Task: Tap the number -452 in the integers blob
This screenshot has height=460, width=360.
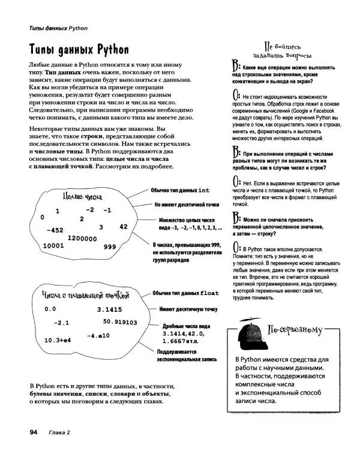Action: coord(58,230)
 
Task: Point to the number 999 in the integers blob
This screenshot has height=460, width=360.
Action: coord(110,247)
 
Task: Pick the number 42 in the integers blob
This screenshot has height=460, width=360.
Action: coord(124,227)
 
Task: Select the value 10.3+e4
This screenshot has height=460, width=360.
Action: coord(58,340)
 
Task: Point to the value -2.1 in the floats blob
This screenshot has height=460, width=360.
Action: coord(62,323)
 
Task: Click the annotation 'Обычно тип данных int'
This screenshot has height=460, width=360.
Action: coord(180,190)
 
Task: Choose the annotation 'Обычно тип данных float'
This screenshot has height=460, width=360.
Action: coord(185,293)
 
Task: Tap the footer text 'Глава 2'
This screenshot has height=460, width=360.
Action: coord(60,432)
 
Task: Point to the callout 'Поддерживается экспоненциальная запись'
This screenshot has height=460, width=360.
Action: coord(187,355)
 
